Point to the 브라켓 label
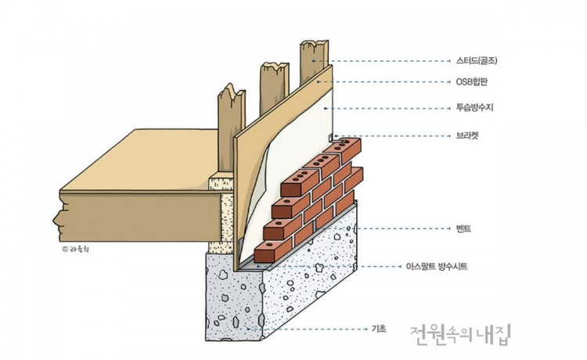(x=467, y=135)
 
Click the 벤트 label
(x=463, y=229)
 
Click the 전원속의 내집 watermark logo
(x=459, y=335)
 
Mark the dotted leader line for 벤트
(x=407, y=229)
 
